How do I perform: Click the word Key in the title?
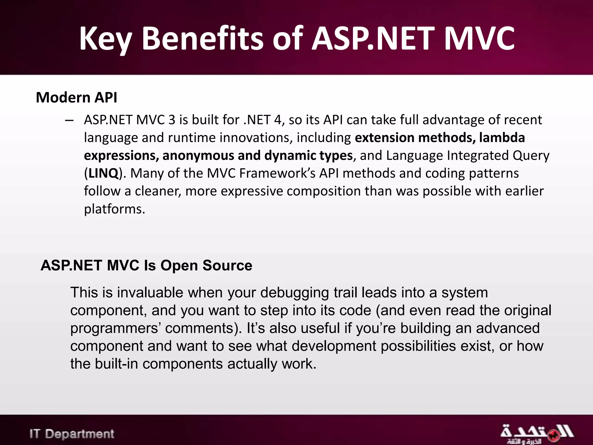[106, 39]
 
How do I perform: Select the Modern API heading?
[76, 97]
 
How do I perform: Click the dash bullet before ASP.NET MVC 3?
[69, 120]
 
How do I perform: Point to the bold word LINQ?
[103, 173]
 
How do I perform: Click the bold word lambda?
[502, 138]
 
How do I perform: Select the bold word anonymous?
[198, 156]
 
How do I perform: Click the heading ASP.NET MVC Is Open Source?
[146, 265]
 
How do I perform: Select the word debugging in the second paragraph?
[294, 293]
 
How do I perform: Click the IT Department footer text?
[72, 434]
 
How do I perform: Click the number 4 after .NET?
[277, 120]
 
